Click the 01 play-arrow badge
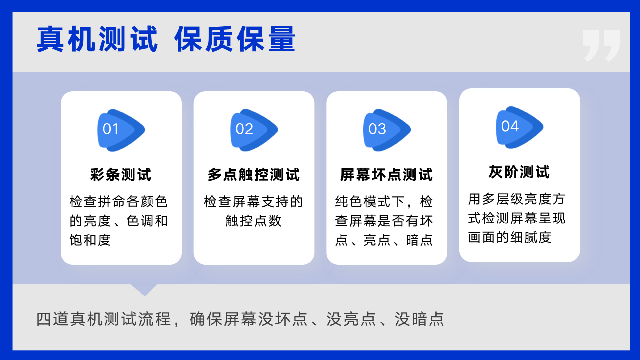point(121,130)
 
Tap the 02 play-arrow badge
point(254,130)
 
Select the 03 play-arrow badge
point(387,130)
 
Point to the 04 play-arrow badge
point(520,127)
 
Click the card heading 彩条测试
point(121,175)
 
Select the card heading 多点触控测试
point(254,175)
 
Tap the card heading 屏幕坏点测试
point(387,175)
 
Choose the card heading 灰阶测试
point(519,172)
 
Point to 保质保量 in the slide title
point(235,39)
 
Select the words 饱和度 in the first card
point(90,240)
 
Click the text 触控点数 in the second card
point(254,221)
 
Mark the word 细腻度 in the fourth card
point(531,237)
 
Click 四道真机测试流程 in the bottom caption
point(104,319)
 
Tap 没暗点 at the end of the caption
point(420,319)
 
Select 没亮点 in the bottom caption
point(351,319)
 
